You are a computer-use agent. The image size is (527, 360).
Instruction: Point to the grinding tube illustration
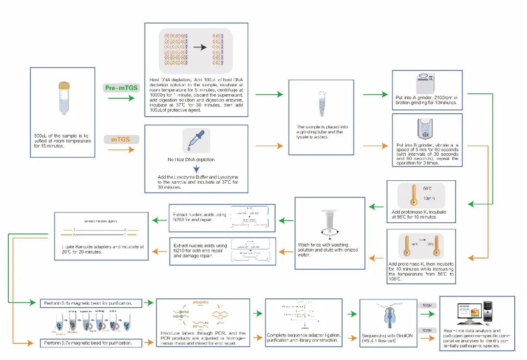[x=321, y=104]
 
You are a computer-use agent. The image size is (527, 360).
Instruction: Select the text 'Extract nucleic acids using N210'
[x=200, y=249]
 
